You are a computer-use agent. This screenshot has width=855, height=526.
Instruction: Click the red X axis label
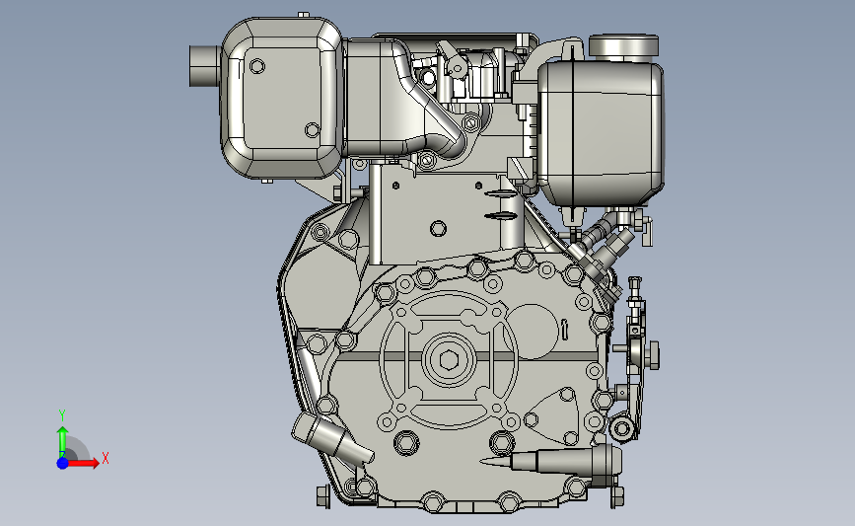coord(106,458)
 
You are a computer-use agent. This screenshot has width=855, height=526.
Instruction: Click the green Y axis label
coord(62,415)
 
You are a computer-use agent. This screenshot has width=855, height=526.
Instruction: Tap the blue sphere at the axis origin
coord(63,463)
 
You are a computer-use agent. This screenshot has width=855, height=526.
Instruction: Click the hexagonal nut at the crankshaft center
coord(449,360)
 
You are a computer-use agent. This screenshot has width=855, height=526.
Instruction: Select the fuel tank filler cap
coord(624,45)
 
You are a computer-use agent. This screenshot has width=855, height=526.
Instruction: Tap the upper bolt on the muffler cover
coord(257,66)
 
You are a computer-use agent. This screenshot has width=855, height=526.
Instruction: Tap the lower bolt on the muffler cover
coord(313,130)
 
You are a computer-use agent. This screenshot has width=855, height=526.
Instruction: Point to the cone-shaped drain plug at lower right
coord(550,461)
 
